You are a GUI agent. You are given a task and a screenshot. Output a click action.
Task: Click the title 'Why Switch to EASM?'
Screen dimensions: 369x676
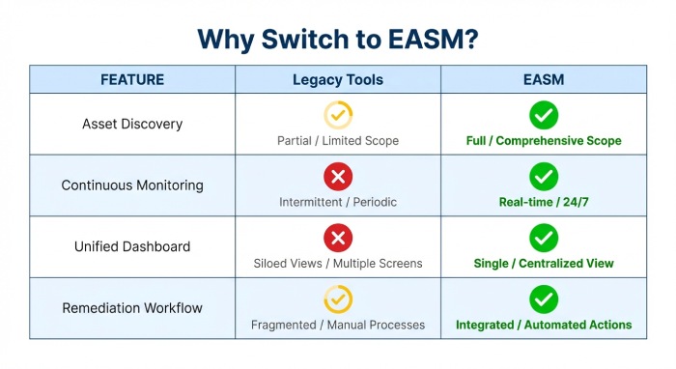click(x=338, y=38)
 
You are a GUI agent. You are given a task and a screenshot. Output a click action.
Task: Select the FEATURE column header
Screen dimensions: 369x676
click(x=132, y=79)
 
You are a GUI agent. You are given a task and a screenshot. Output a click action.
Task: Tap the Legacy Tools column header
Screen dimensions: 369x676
click(x=338, y=79)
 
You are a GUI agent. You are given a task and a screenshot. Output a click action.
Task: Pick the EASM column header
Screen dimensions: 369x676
click(x=544, y=79)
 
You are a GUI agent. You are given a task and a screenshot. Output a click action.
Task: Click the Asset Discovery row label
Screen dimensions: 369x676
click(x=132, y=124)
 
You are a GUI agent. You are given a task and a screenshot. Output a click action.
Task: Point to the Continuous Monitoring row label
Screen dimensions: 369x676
click(x=132, y=185)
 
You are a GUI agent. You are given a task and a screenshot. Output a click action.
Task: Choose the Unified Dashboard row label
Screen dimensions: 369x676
click(x=132, y=246)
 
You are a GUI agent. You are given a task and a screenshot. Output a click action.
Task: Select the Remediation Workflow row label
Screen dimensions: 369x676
click(x=132, y=308)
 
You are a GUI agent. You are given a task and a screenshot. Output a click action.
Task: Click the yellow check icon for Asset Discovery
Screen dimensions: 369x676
click(x=338, y=115)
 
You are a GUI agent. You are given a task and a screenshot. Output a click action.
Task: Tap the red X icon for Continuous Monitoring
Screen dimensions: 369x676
click(x=338, y=176)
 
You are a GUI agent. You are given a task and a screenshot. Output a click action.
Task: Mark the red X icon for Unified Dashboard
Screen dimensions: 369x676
click(x=338, y=238)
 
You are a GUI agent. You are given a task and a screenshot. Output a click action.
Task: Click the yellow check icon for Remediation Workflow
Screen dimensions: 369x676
click(x=338, y=299)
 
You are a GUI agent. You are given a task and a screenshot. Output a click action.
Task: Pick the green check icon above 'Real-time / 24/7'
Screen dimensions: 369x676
click(x=544, y=176)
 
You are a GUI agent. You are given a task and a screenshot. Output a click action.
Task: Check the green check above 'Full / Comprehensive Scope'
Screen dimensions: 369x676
click(x=544, y=115)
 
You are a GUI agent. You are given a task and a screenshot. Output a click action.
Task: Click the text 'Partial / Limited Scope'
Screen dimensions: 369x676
click(x=338, y=141)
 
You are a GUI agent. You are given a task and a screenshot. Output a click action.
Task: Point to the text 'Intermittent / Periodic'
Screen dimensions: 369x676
click(x=338, y=202)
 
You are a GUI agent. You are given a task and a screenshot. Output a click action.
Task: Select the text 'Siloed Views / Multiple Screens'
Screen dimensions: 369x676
click(x=338, y=264)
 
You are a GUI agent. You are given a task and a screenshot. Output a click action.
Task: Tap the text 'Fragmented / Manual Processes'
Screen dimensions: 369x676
click(x=338, y=326)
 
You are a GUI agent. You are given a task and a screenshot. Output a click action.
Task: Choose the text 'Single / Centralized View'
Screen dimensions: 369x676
click(x=544, y=264)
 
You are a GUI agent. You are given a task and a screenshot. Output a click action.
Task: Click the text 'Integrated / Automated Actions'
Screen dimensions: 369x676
click(x=544, y=326)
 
